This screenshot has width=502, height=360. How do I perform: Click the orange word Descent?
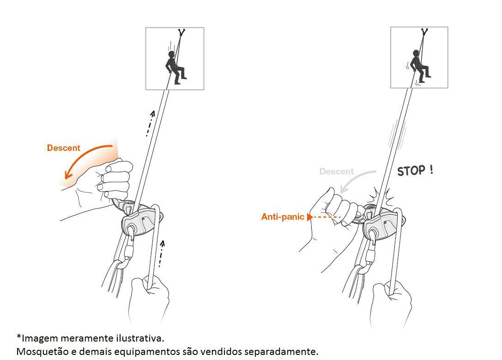coord(63,148)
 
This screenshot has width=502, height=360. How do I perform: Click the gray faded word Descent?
coord(337,172)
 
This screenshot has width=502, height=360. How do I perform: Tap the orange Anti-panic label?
coord(283,216)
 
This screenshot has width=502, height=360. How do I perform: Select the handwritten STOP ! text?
coord(415,170)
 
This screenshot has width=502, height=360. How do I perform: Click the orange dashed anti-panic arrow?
coord(323,217)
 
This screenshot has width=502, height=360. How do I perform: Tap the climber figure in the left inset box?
coord(175,67)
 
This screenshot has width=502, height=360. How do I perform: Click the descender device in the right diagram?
coord(382,221)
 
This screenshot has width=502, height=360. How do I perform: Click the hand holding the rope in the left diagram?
coord(149,298)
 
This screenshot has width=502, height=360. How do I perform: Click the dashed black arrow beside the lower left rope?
coord(161,254)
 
